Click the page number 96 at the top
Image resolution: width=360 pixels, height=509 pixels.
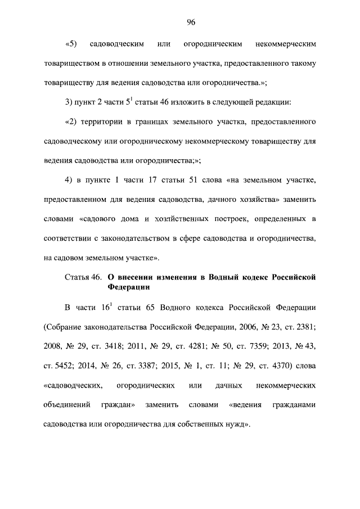pyautogui.click(x=191, y=22)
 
